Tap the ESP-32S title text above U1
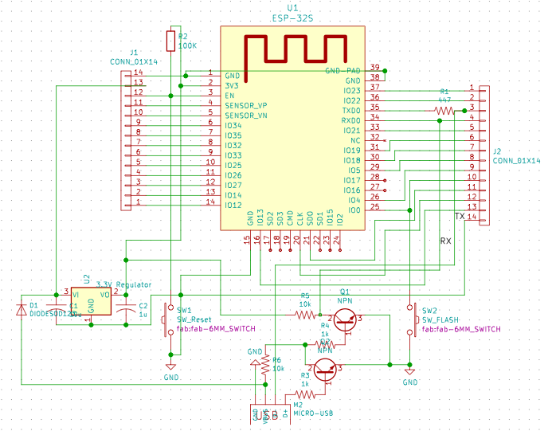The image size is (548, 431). tap(292, 17)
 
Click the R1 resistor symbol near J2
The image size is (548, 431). tap(444, 110)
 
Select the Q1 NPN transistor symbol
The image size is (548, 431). tap(345, 320)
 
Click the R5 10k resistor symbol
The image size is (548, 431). tap(306, 315)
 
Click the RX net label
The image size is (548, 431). tap(446, 240)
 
